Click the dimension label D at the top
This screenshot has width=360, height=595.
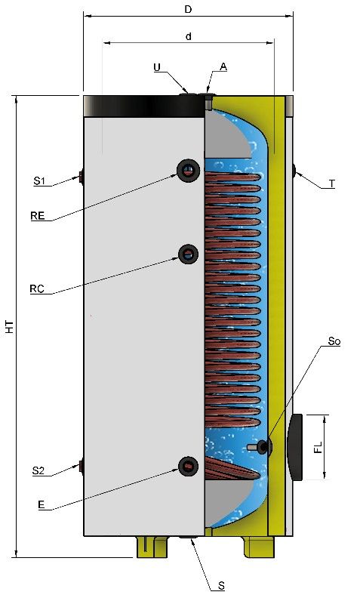click(188, 9)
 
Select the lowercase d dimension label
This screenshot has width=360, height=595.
click(189, 36)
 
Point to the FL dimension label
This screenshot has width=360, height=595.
click(318, 447)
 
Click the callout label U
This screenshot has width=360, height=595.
click(157, 67)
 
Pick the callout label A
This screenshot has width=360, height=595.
click(223, 66)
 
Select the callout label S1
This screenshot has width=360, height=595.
click(39, 181)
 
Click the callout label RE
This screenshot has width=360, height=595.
click(38, 216)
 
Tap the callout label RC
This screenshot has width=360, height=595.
click(37, 288)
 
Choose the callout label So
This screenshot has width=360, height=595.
click(334, 341)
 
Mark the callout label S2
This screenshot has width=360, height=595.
click(38, 471)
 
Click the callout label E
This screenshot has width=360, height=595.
click(42, 504)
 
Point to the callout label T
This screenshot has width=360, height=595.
click(332, 184)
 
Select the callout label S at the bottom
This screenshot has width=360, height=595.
click(222, 586)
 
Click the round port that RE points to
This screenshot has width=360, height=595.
click(188, 171)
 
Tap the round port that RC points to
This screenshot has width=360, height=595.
click(188, 254)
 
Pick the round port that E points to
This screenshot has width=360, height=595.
click(188, 467)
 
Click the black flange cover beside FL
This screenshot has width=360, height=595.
click(296, 448)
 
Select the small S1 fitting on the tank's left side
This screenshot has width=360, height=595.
click(82, 177)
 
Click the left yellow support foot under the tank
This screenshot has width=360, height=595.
click(152, 547)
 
